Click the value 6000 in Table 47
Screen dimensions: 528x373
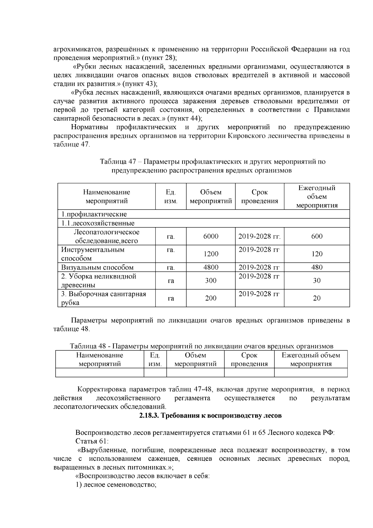tap(211, 236)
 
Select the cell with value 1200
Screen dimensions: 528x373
tap(211, 254)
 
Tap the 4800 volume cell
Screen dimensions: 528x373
tap(211, 267)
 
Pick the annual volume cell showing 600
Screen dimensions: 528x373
tap(317, 236)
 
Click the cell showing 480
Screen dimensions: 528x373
tap(317, 267)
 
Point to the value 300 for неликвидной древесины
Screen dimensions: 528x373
tap(211, 281)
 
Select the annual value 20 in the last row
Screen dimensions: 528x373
tap(317, 298)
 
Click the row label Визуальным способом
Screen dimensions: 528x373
tap(97, 267)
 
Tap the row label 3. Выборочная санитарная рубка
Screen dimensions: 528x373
tap(104, 298)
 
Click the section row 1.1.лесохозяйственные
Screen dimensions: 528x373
tap(98, 223)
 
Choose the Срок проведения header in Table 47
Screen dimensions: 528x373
tap(260, 196)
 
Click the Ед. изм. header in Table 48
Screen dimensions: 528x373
tap(155, 359)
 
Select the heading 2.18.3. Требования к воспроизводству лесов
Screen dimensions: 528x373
tap(210, 416)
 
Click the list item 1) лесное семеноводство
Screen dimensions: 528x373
tap(116, 485)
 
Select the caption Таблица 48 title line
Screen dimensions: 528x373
tap(201, 346)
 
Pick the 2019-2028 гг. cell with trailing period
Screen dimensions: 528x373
tap(260, 236)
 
